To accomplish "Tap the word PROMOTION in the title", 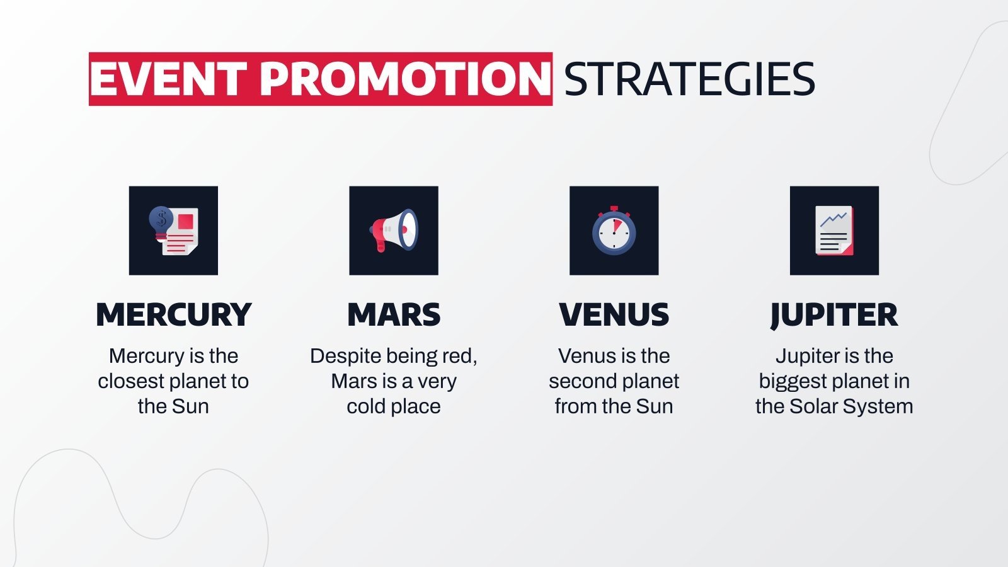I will coord(405,79).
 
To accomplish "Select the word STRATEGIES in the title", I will coord(689,79).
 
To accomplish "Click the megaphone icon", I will coord(394,230).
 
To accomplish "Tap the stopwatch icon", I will coord(614,231).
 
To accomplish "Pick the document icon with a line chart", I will coord(834,231).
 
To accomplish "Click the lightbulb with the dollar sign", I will coord(161,220).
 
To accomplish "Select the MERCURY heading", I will coord(173,314).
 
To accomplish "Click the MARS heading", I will coord(394,314).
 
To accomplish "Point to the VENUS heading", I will coord(614,314).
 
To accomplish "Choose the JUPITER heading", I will coord(834,314).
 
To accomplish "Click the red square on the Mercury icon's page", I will coord(185,221).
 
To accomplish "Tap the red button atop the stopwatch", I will coord(614,209).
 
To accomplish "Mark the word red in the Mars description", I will coord(458,356).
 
